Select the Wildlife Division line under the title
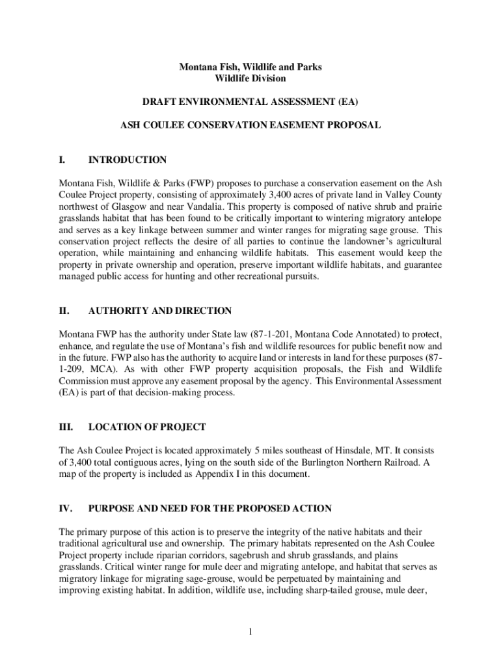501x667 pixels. [x=251, y=78]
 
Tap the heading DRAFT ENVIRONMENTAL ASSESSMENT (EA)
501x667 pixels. [x=251, y=102]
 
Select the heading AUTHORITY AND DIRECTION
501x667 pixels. [x=160, y=311]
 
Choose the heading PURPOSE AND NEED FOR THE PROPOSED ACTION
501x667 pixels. [x=210, y=508]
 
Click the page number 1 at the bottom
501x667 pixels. [x=251, y=630]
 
